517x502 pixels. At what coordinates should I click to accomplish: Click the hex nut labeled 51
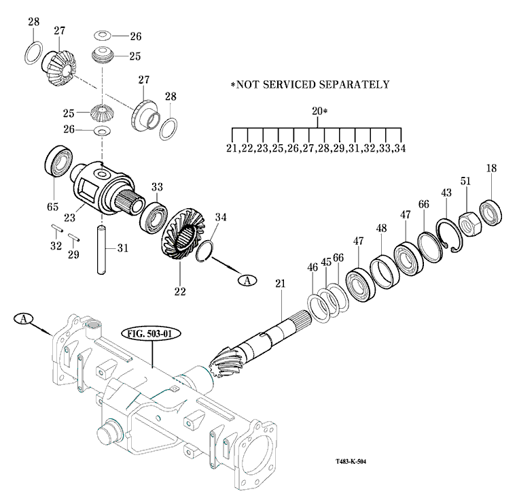pyautogui.click(x=469, y=222)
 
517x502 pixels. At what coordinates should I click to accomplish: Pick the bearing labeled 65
pyautogui.click(x=59, y=165)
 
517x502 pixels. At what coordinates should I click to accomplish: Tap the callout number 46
pyautogui.click(x=313, y=267)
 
